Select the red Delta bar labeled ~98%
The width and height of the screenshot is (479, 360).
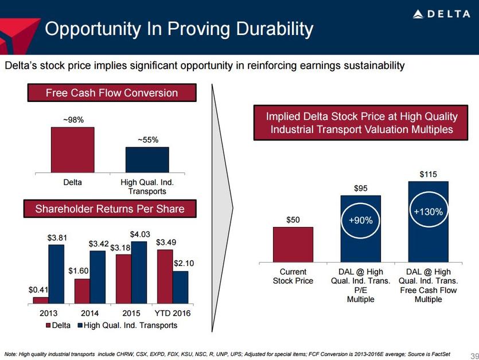pos(72,149)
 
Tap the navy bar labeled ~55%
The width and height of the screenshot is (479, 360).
pos(147,159)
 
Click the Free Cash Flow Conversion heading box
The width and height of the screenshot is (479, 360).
pos(111,93)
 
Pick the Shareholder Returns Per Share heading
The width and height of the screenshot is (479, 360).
pos(110,209)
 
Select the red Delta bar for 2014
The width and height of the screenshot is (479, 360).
pos(82,291)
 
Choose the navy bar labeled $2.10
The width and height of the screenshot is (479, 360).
pos(180,287)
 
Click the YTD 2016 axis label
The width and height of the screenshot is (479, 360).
pos(173,314)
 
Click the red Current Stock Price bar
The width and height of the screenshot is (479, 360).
pos(293,245)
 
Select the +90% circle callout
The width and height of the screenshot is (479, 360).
pos(361,220)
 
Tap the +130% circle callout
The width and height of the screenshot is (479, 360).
pos(428,212)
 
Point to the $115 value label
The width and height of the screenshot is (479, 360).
pos(428,173)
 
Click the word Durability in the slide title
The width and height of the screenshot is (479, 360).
pos(267,29)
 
